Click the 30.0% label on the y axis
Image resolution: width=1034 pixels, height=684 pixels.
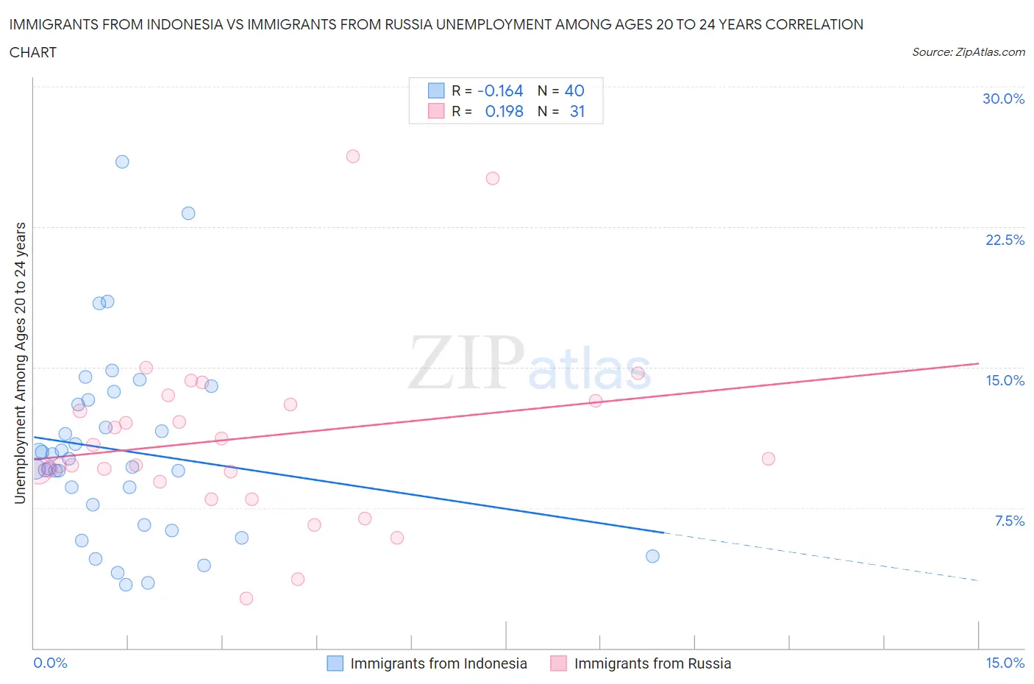[x=1003, y=99]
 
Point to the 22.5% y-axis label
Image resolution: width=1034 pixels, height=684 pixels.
[x=1005, y=240]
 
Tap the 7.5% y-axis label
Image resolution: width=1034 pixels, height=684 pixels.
[x=1009, y=521]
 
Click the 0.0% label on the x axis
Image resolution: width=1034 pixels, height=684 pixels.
[x=50, y=663]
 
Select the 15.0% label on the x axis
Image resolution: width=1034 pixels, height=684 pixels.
[x=1005, y=663]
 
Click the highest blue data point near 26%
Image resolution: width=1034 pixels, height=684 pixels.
[x=122, y=162]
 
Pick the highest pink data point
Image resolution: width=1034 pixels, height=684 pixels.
[x=353, y=156]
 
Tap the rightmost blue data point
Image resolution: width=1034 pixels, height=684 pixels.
[x=652, y=556]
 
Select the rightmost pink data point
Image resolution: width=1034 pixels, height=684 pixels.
[x=769, y=459]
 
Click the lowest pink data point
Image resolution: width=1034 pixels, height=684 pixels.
[x=246, y=599]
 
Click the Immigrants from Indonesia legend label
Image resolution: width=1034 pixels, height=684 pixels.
[x=438, y=663]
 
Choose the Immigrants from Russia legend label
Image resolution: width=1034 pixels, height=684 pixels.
[x=652, y=663]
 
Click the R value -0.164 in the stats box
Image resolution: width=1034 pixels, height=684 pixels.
[x=500, y=90]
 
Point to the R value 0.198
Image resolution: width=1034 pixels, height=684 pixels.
[x=504, y=111]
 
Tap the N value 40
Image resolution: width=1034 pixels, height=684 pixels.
[x=574, y=90]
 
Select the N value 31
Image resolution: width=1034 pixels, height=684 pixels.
[x=577, y=111]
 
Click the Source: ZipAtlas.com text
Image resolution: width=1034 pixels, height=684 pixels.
[x=968, y=52]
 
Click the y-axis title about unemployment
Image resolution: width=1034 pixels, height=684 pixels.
[x=21, y=363]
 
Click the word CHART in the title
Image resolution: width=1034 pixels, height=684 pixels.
[x=33, y=52]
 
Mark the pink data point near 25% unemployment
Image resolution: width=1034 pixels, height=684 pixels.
[x=493, y=178]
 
